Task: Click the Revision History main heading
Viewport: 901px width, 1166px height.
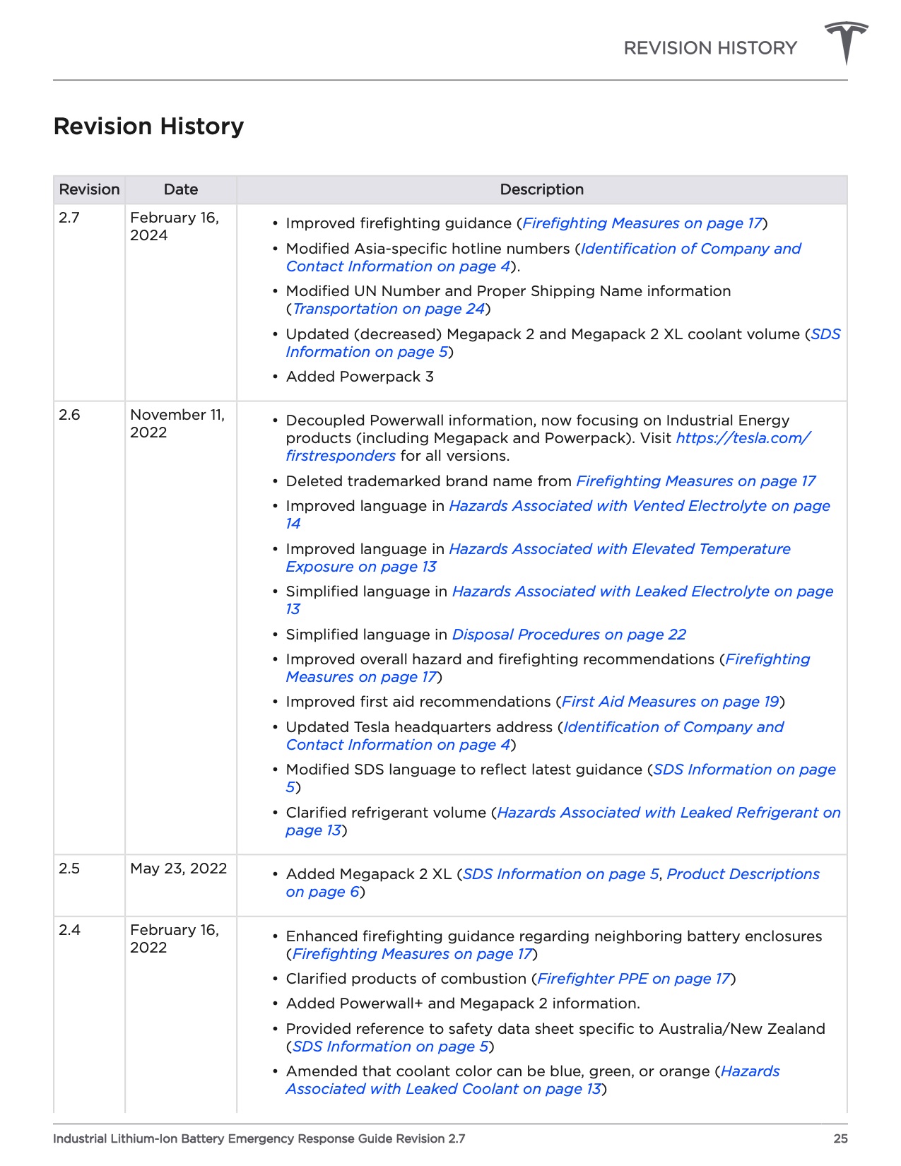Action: [x=148, y=126]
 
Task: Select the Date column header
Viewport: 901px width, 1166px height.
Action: [x=181, y=189]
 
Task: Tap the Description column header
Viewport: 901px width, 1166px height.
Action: [x=541, y=189]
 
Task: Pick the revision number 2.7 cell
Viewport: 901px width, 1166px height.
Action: [x=69, y=218]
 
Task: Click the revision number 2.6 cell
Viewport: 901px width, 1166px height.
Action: [x=69, y=415]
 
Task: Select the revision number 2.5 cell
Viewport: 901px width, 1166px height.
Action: [x=69, y=868]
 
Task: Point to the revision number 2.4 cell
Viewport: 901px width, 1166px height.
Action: [x=69, y=930]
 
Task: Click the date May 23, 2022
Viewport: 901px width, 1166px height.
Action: [x=178, y=868]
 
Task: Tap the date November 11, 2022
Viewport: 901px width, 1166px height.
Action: [x=177, y=423]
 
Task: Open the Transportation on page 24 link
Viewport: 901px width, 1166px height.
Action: [x=389, y=309]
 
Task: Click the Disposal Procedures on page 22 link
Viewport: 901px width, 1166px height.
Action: [x=569, y=635]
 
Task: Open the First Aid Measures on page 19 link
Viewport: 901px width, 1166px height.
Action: [x=670, y=702]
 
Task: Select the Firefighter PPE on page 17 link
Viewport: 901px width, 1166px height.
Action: [x=633, y=979]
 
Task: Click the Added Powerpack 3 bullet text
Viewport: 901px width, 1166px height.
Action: [x=360, y=377]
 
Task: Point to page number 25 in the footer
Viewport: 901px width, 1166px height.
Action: [x=840, y=1138]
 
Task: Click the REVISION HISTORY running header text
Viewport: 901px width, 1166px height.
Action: [x=709, y=48]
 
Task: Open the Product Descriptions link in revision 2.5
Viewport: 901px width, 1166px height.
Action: [x=743, y=874]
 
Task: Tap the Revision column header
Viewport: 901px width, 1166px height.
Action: [x=89, y=189]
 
